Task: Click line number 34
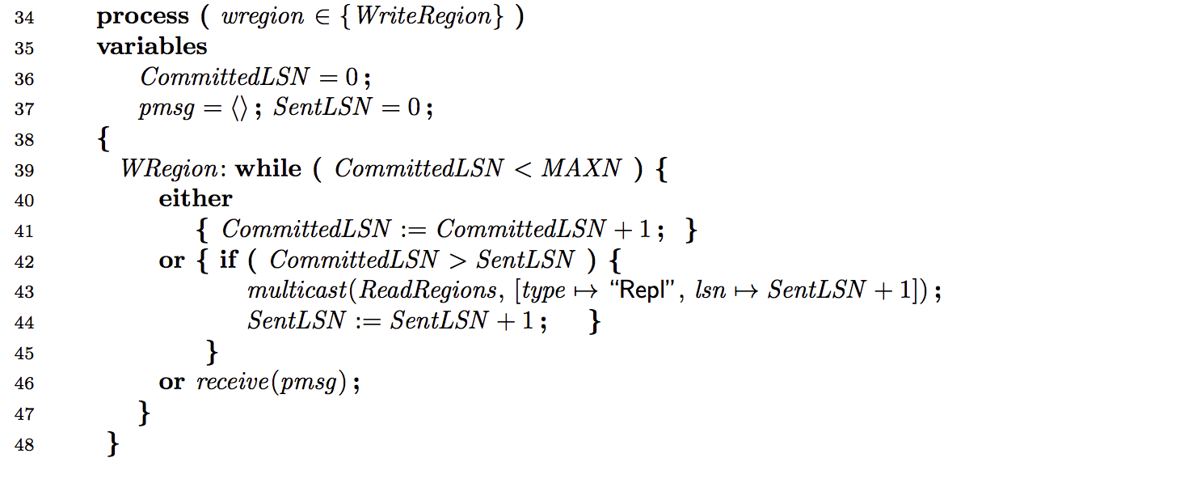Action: point(23,17)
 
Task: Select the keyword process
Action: point(143,17)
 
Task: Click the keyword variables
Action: point(152,46)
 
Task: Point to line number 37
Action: point(23,109)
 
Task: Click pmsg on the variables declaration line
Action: point(166,108)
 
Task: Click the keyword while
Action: point(268,169)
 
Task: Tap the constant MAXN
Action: point(582,169)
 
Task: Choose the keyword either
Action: point(196,199)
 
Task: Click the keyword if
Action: point(229,261)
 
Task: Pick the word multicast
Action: point(299,290)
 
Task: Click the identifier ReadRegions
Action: point(428,290)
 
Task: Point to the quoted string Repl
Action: point(647,290)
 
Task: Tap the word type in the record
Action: point(545,290)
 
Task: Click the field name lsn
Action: point(710,290)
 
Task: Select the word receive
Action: point(231,382)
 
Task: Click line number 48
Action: point(23,444)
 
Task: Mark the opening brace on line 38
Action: point(103,139)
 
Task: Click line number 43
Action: point(23,291)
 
